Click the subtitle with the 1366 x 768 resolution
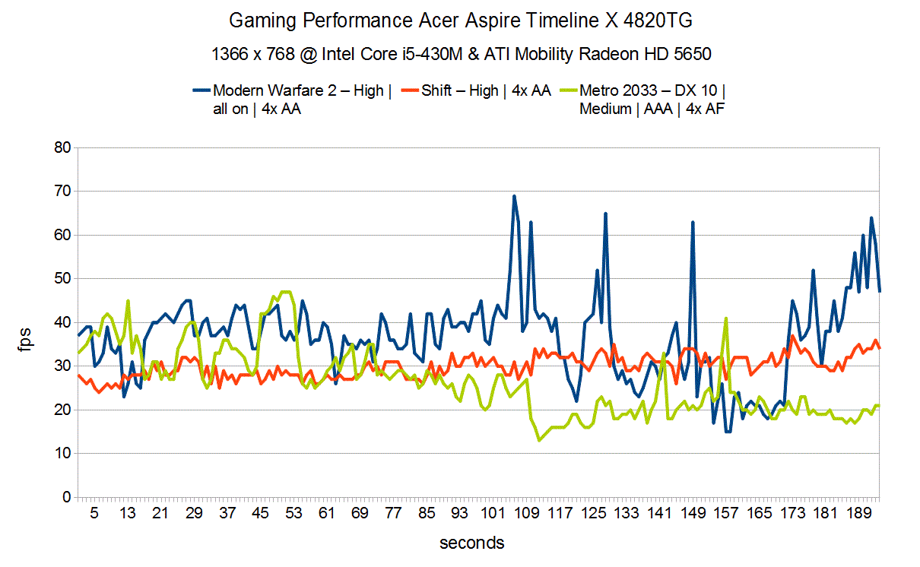[x=460, y=54]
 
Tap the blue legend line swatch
[x=201, y=91]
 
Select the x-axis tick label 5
[x=94, y=514]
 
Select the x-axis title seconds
[x=471, y=543]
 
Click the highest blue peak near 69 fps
[x=514, y=196]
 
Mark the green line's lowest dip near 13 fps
[x=539, y=440]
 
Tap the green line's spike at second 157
[x=726, y=318]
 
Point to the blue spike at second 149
[x=693, y=223]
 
